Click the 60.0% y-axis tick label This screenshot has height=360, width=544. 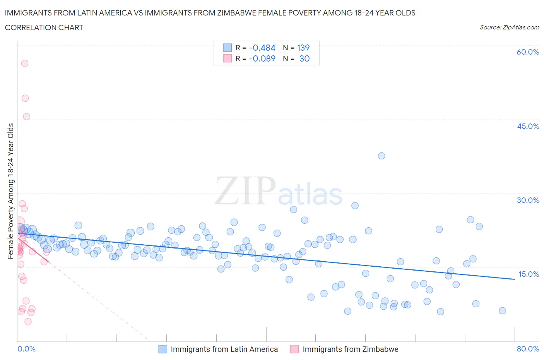[x=528, y=52]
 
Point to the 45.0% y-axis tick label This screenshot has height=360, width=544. [x=528, y=126]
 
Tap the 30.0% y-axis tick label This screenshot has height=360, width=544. [x=528, y=200]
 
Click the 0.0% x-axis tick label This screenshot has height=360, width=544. [x=26, y=349]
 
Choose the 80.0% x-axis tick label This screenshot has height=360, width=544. [x=528, y=349]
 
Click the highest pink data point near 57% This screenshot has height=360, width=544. [x=24, y=63]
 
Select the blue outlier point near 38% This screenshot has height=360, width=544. [x=381, y=156]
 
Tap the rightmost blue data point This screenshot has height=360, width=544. [x=502, y=310]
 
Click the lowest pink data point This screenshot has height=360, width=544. [x=28, y=322]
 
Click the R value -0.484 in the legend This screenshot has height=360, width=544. [x=262, y=48]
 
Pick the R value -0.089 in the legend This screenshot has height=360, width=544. [x=262, y=58]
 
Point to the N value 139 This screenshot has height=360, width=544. [x=303, y=48]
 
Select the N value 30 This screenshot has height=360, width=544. [x=305, y=58]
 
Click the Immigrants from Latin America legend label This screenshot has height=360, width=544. [x=224, y=349]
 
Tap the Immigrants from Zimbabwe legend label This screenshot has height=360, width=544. [x=350, y=349]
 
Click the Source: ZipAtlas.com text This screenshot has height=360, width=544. [x=509, y=27]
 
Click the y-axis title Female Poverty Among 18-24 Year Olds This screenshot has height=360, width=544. [x=10, y=191]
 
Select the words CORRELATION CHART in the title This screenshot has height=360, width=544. [x=44, y=27]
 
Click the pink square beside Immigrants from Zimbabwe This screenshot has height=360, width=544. [x=294, y=349]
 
